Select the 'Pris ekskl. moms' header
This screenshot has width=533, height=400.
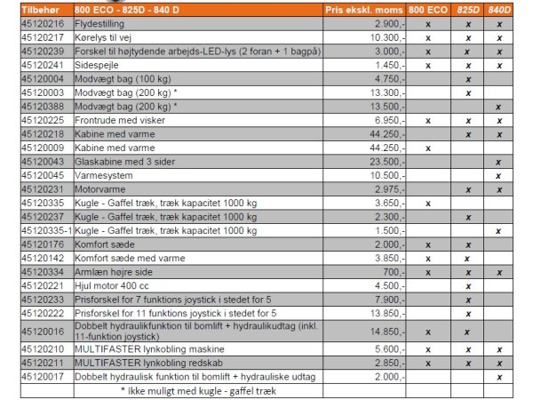tap(366, 9)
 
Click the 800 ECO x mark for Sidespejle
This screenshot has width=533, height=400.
tap(428, 64)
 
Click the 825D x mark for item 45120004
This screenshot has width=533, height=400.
tap(467, 78)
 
